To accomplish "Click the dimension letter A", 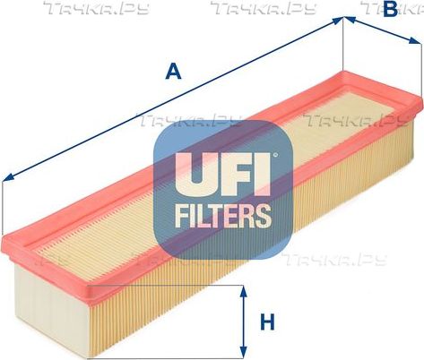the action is tap(173, 71).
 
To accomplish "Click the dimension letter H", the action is tap(267, 322).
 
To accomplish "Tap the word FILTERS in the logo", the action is tap(223, 216).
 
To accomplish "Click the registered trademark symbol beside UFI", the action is tap(275, 155).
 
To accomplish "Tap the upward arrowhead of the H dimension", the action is tap(244, 292).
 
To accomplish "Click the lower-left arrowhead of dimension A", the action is tap(8, 177).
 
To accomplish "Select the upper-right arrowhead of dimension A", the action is tap(338, 21).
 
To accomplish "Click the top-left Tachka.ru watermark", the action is tap(96, 8).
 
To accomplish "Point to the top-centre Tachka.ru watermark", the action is tap(264, 8).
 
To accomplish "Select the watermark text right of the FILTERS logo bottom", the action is tap(334, 259).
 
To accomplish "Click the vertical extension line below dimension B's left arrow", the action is tap(343, 44).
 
